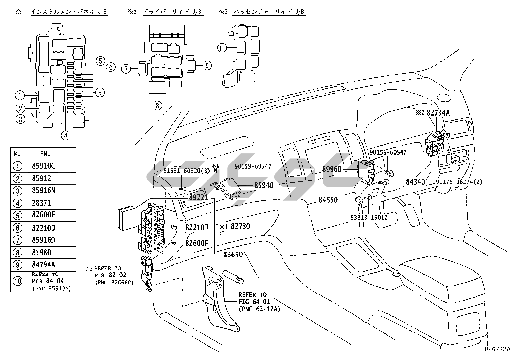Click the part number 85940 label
click(264, 185)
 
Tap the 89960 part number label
click(332, 169)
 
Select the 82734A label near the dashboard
click(438, 113)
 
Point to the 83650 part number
click(233, 255)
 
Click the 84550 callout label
click(328, 200)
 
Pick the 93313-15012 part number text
click(369, 218)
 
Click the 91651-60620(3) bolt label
click(187, 171)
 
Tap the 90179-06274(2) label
click(459, 182)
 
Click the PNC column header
click(45, 154)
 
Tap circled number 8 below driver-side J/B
click(157, 106)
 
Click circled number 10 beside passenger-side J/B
click(222, 48)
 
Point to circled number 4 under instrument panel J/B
click(65, 136)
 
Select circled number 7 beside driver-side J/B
click(126, 69)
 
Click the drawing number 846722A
click(498, 349)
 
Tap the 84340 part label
click(415, 182)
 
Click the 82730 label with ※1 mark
click(235, 226)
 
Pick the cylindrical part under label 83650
click(233, 277)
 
